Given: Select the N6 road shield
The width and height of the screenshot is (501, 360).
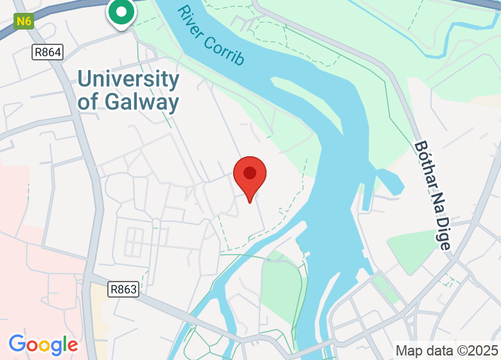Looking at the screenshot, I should click(24, 21).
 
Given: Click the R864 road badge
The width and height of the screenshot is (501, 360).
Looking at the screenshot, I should click(48, 53).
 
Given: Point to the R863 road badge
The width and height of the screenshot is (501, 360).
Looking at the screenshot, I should click(123, 289).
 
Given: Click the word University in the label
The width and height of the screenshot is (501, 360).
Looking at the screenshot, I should click(128, 80).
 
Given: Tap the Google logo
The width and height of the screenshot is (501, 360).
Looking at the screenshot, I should click(43, 345).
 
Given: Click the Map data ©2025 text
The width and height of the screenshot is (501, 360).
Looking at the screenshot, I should click(446, 351).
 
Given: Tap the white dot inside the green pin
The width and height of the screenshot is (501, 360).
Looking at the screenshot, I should click(121, 10).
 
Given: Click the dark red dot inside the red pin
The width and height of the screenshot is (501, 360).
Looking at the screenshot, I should click(250, 172).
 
